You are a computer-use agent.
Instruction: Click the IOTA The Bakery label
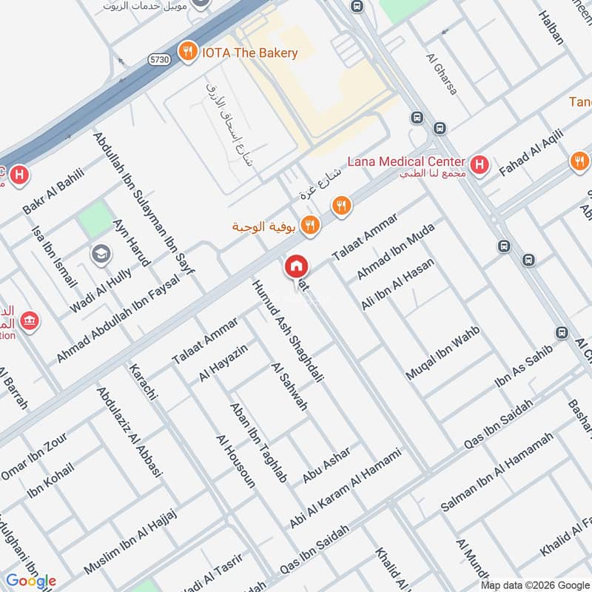(x=251, y=53)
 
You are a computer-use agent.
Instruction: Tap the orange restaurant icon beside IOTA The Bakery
(x=189, y=52)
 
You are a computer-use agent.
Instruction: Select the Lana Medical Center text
(x=406, y=161)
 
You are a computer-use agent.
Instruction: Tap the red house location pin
(x=296, y=266)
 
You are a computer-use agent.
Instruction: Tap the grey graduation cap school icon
(x=101, y=255)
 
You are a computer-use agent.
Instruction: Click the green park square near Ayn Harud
(x=94, y=220)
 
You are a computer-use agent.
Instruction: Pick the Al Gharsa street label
(x=442, y=73)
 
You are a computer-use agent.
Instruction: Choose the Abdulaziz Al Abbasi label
(x=129, y=434)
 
